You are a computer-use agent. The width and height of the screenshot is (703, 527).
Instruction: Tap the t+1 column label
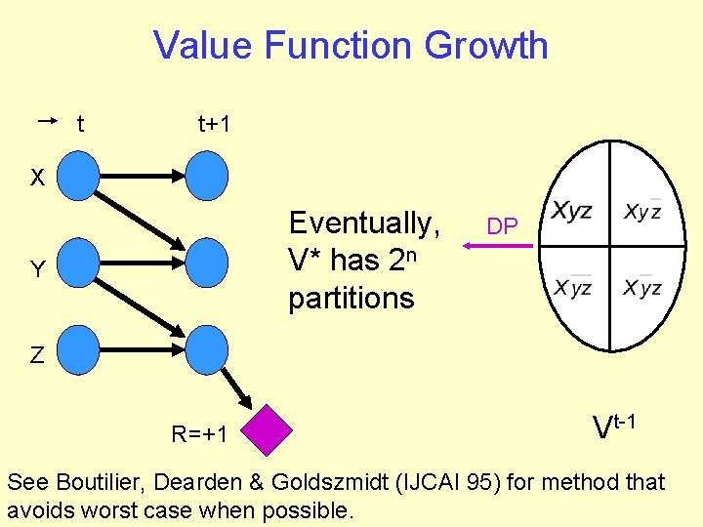tap(214, 124)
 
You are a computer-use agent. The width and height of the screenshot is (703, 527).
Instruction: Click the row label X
tap(36, 179)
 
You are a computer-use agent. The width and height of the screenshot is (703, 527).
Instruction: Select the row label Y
tap(36, 270)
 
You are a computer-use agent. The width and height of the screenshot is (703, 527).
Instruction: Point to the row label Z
tap(36, 355)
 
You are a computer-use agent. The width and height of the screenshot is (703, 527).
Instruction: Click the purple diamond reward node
tap(269, 430)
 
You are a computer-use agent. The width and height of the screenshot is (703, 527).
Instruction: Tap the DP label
tap(502, 227)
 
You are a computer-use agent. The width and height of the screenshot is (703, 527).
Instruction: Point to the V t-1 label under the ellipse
tap(616, 425)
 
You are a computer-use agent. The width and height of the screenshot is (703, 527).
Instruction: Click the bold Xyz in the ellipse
tap(572, 211)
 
